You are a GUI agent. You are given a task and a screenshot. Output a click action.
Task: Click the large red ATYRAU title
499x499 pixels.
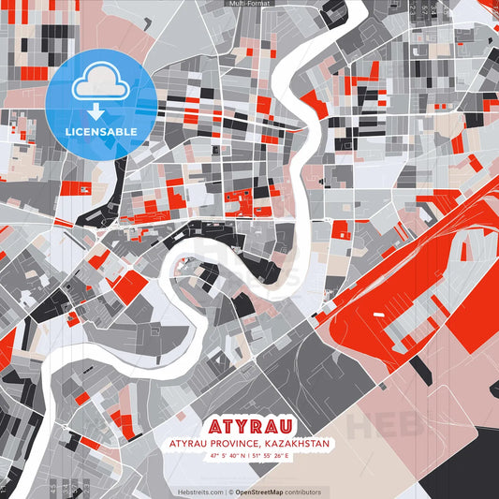[249, 422]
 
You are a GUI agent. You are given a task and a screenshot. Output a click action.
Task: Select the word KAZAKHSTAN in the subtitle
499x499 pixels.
[295, 442]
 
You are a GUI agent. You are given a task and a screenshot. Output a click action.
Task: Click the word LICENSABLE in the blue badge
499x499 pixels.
[101, 131]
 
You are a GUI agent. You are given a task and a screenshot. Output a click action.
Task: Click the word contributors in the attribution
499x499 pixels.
[303, 492]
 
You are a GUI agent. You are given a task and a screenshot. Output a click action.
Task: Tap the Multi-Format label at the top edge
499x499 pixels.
[249, 4]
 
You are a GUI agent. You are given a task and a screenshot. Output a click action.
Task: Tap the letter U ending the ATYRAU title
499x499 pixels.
[298, 422]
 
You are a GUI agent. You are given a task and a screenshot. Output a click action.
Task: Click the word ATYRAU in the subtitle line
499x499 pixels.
[187, 442]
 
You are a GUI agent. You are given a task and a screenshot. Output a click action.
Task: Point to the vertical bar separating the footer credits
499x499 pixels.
[227, 492]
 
